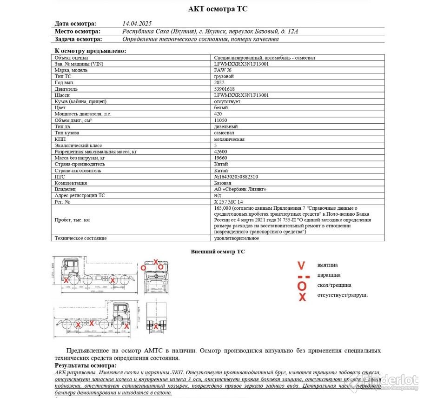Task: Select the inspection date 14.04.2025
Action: (x=137, y=23)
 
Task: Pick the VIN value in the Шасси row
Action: (x=241, y=95)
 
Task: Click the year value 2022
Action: (x=219, y=82)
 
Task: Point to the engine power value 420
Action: (x=218, y=114)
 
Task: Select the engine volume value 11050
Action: (x=220, y=120)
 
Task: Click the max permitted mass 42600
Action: (x=220, y=152)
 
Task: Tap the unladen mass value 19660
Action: (x=220, y=158)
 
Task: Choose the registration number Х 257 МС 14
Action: (x=229, y=202)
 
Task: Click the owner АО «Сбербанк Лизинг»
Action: (x=240, y=189)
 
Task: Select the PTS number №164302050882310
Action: (x=236, y=177)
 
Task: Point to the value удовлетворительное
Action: (x=236, y=238)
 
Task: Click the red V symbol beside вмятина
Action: (x=302, y=265)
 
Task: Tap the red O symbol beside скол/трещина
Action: (x=302, y=285)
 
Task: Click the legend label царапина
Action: (x=329, y=275)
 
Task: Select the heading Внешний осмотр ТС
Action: (x=218, y=252)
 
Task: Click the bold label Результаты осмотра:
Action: (x=86, y=366)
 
